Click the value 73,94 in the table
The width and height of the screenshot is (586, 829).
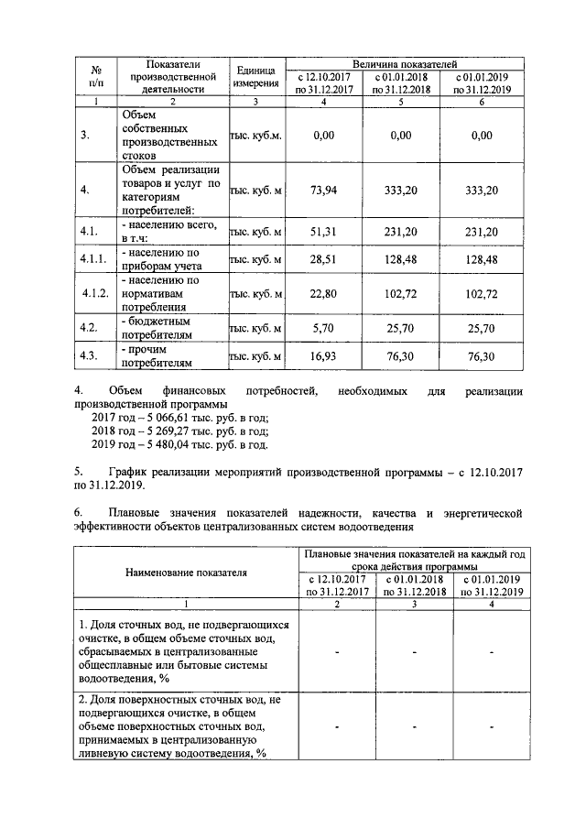[323, 191]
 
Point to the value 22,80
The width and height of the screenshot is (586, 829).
[323, 294]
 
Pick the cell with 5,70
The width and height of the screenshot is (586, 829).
[323, 327]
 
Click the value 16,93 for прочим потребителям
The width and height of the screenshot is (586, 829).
[323, 356]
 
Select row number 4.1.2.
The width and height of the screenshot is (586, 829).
[95, 294]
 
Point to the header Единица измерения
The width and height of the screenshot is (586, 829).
[256, 77]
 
